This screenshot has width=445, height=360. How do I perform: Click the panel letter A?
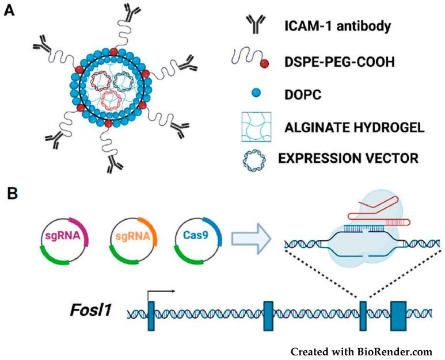[x=9, y=12]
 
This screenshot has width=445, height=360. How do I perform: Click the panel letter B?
[x=10, y=192]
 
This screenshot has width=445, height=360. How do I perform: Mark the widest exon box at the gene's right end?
[x=398, y=315]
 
